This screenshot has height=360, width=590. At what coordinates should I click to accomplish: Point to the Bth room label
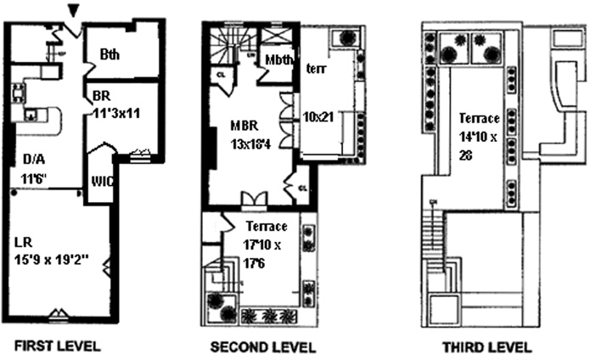[x=110, y=53]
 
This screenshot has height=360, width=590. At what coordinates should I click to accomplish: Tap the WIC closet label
[x=101, y=180]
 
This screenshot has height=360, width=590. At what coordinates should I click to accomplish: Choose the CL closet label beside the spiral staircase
[x=221, y=74]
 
